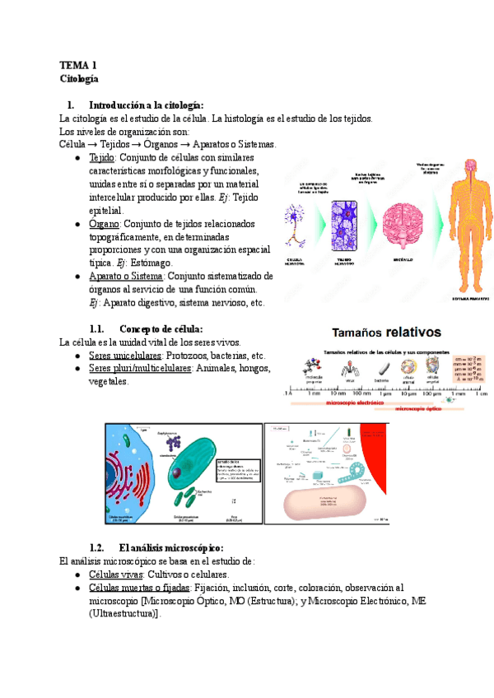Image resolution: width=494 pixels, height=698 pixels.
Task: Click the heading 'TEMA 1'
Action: [x=78, y=64]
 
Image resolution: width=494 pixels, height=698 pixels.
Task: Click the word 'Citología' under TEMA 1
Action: [x=79, y=79]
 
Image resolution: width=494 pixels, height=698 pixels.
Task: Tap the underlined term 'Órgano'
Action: [x=104, y=224]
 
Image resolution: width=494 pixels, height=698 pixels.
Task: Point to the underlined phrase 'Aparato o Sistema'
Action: [x=126, y=277]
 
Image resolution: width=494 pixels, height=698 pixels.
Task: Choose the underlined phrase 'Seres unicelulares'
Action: [x=125, y=355]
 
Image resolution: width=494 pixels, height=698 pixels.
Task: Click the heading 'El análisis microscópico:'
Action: [x=170, y=547]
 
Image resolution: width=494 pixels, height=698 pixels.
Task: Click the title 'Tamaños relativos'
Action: [x=386, y=333]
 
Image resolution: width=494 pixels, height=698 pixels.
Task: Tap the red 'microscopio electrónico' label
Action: [x=359, y=403]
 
